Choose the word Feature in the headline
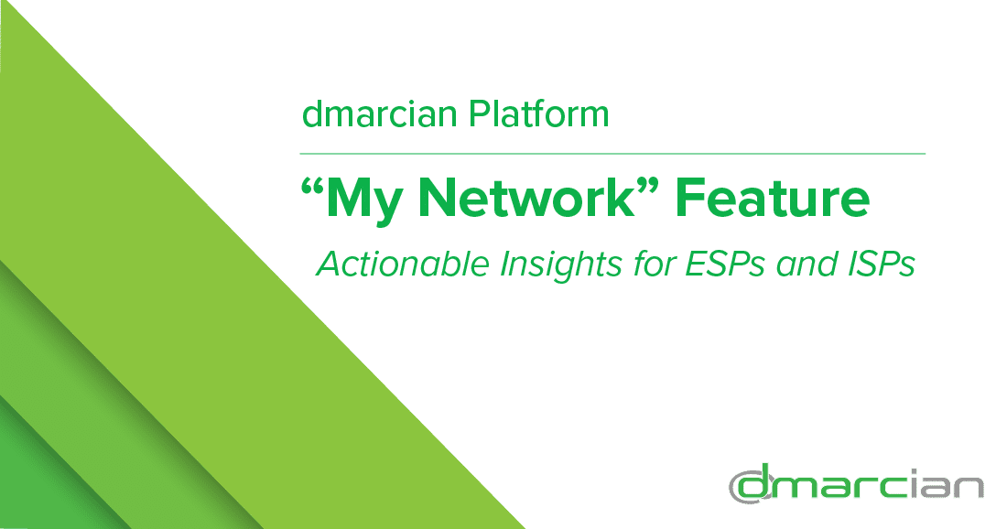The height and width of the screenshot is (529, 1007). point(773,200)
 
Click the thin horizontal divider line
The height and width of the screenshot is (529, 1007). point(613,153)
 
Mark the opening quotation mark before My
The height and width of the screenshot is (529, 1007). point(313,187)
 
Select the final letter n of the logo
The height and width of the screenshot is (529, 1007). point(967,489)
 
